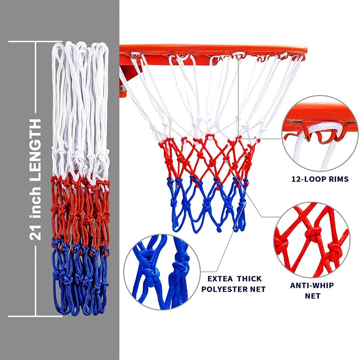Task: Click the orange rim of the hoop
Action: [x=211, y=48]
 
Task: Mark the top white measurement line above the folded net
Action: [x=34, y=41]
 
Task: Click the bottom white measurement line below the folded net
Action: [x=34, y=316]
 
